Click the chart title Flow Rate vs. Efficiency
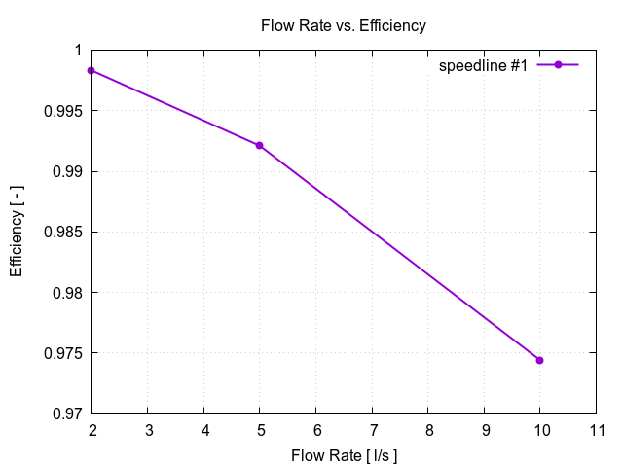click(x=343, y=26)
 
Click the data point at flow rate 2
click(x=91, y=70)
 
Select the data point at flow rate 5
click(x=259, y=145)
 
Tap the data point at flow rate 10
click(x=539, y=360)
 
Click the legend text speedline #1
click(x=483, y=65)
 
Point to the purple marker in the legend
click(x=559, y=65)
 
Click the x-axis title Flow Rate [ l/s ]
click(x=344, y=455)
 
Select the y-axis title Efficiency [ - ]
click(x=17, y=232)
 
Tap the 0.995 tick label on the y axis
click(x=61, y=111)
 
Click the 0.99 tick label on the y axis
click(x=65, y=171)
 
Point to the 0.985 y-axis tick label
click(x=61, y=232)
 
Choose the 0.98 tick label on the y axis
click(x=65, y=292)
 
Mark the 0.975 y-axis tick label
click(x=61, y=352)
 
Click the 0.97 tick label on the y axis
click(x=65, y=413)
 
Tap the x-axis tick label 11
click(x=596, y=429)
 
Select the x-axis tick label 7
click(x=372, y=429)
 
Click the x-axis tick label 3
click(x=147, y=429)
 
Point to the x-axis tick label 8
click(x=427, y=429)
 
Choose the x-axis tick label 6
click(x=315, y=429)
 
